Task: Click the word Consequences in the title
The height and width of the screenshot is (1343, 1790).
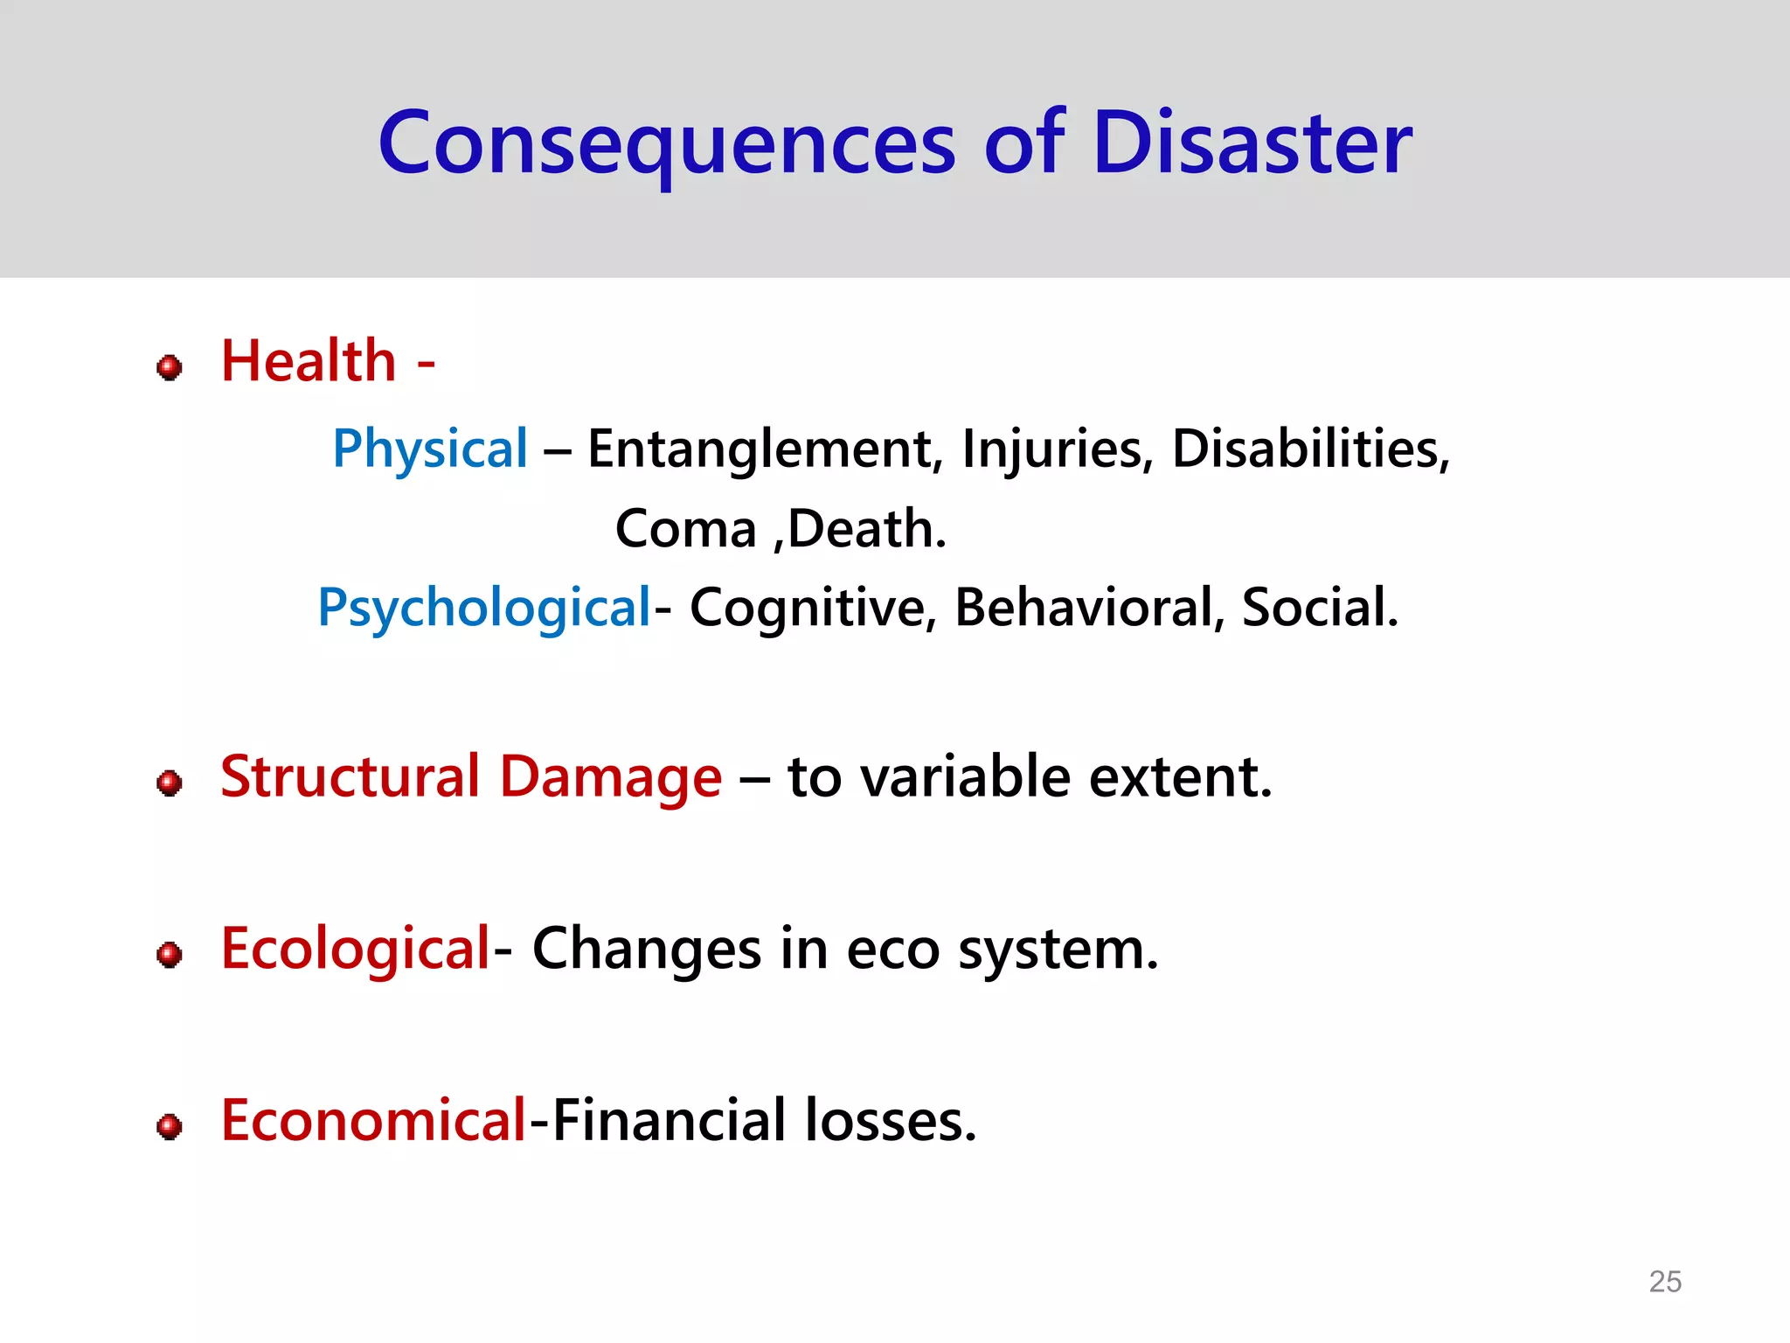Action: point(667,144)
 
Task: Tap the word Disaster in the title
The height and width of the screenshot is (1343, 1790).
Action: point(1252,144)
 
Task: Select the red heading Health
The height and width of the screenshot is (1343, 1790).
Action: point(309,361)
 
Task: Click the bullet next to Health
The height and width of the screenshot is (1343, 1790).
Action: point(170,367)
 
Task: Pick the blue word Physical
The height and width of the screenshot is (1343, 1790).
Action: point(430,450)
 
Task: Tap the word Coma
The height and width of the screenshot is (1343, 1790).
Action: point(685,530)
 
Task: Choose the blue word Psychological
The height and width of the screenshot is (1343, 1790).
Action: point(484,609)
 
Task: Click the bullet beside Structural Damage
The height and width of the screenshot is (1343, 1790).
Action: point(170,783)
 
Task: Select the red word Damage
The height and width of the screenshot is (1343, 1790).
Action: point(611,778)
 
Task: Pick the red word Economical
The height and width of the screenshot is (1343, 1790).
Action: point(373,1122)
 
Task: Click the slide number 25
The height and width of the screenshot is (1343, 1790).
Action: point(1664,1282)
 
